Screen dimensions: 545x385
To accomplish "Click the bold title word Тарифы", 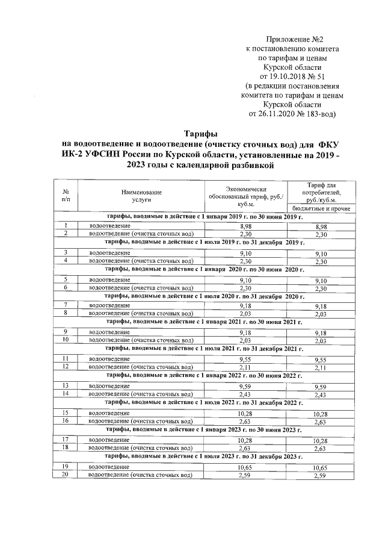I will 200,133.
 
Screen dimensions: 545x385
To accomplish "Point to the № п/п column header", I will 66,195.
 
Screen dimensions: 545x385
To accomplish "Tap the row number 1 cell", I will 66,225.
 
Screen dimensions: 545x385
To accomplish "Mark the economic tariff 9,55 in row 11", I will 244,360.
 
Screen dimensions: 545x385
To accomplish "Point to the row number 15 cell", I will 66,413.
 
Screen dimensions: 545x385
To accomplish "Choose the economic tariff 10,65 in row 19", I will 244,467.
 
